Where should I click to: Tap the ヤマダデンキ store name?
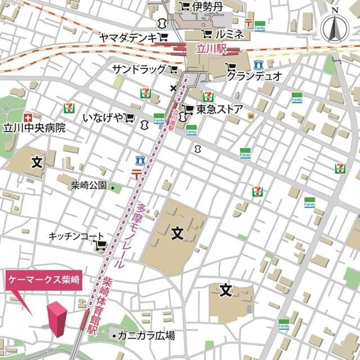click(x=127, y=37)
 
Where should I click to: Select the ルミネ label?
click(x=229, y=35)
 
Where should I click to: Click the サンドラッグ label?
click(x=138, y=68)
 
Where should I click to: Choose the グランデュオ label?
click(x=254, y=75)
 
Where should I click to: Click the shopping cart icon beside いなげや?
click(x=130, y=117)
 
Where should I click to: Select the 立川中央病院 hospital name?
click(x=34, y=127)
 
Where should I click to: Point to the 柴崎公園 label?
click(x=88, y=185)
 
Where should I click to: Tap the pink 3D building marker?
click(x=57, y=319)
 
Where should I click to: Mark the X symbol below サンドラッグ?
click(x=173, y=88)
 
